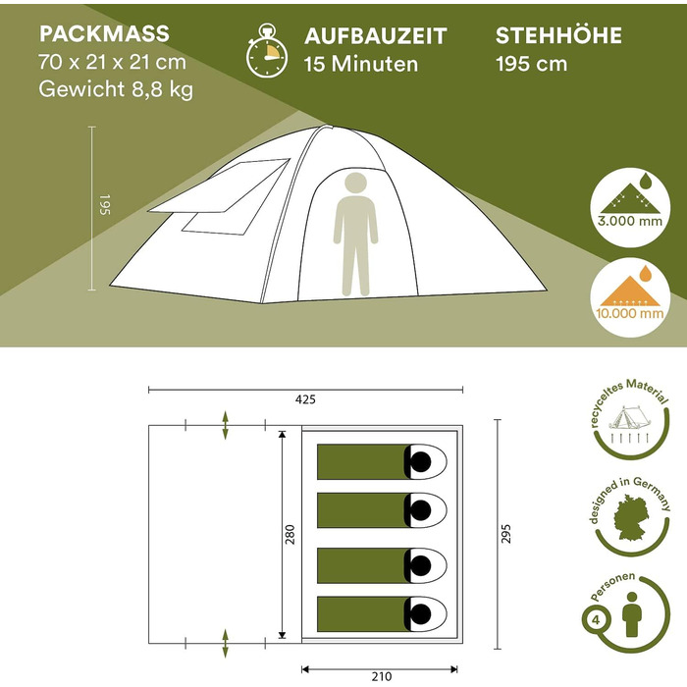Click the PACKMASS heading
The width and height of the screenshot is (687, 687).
(104, 33)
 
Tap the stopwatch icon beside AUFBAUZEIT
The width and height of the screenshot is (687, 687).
(266, 51)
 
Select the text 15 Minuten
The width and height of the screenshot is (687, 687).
(361, 64)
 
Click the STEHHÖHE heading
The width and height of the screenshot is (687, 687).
(558, 35)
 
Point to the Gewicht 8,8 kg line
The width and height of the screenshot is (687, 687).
(116, 89)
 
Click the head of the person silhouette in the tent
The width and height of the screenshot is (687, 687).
(355, 184)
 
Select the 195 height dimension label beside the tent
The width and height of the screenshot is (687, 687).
(105, 204)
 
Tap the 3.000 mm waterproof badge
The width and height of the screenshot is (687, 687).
(630, 208)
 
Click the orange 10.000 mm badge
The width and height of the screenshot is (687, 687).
(630, 297)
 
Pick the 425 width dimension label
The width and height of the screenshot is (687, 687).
(305, 399)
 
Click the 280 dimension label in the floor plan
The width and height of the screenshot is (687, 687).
(291, 535)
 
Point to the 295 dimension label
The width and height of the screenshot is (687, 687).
(506, 534)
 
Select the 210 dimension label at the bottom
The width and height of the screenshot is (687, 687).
(381, 676)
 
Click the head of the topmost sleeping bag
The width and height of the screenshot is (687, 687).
(421, 462)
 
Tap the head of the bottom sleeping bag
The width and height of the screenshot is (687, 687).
(421, 613)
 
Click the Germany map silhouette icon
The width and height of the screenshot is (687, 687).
(631, 517)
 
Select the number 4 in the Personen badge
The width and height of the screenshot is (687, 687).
(596, 620)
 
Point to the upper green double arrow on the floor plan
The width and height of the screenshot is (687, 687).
(225, 425)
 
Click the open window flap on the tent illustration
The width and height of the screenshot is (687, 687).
(219, 186)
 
